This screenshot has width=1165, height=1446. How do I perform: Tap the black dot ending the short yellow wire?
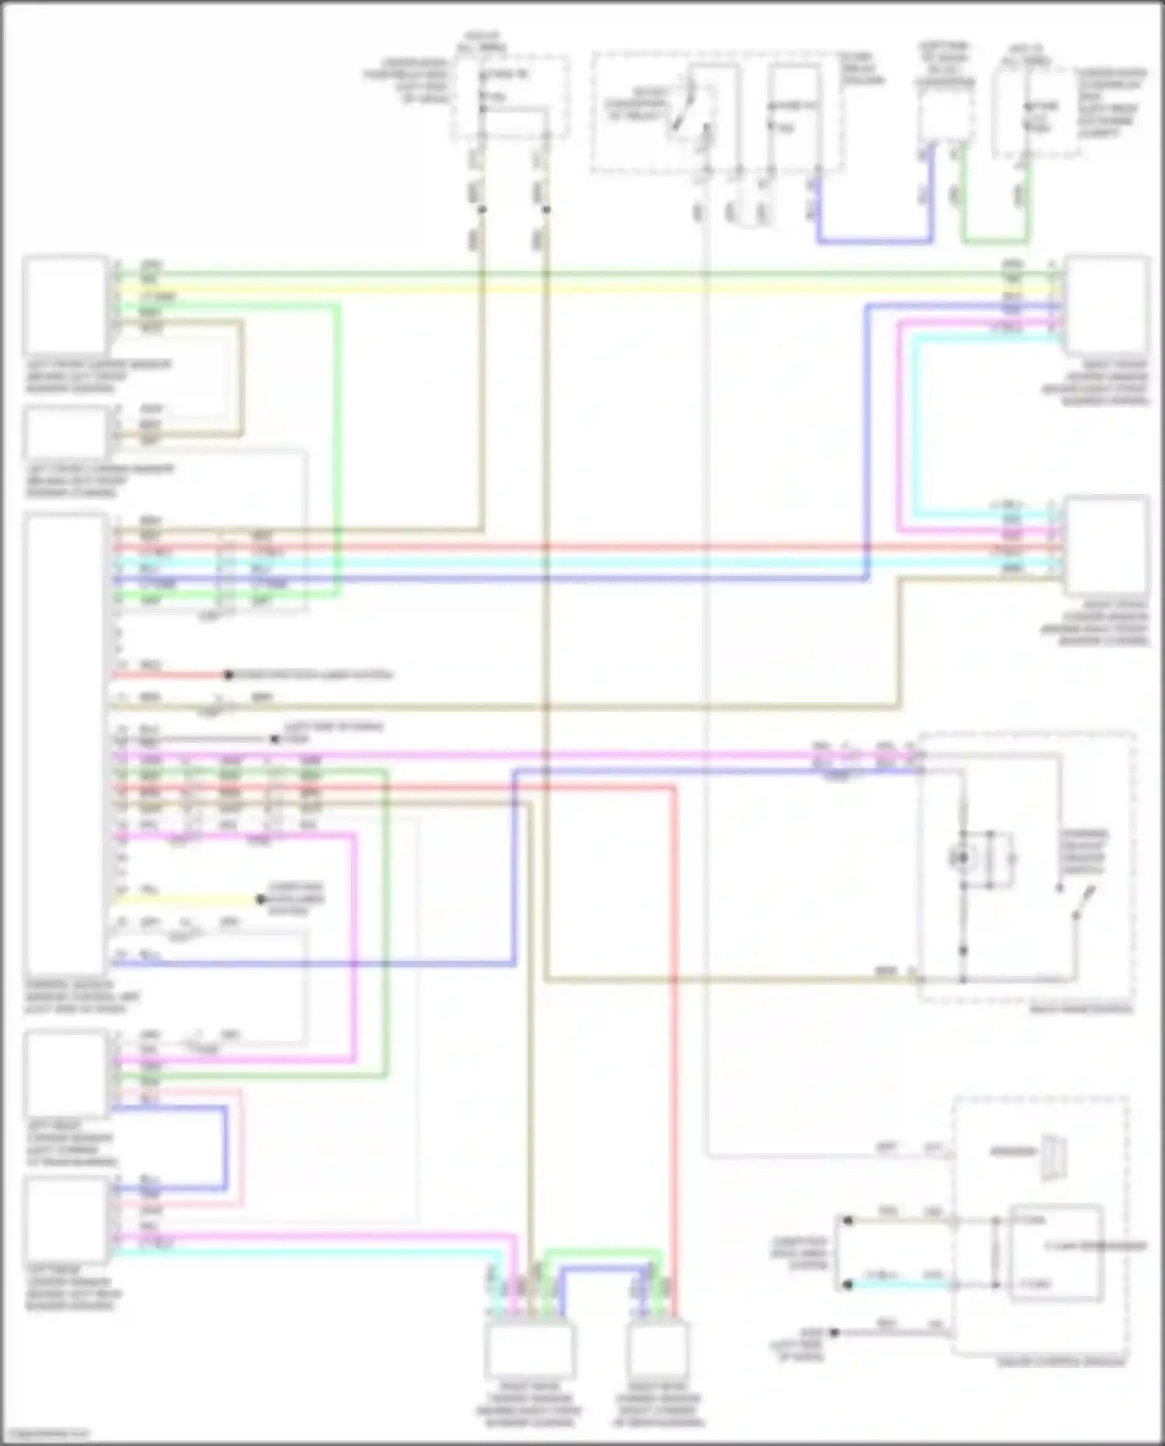261,901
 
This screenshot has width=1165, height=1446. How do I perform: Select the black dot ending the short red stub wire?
228,675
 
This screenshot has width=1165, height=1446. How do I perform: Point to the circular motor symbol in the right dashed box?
963,859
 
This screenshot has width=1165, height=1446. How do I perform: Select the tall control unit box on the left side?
66,744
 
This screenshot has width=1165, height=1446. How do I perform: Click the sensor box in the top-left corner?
66,305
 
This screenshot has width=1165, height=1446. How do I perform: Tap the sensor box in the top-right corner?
1107,305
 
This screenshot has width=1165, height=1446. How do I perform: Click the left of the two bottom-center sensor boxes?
530,1350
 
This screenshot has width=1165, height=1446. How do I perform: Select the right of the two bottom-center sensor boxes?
659,1350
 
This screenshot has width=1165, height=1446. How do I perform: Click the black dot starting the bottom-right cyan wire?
849,1285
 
